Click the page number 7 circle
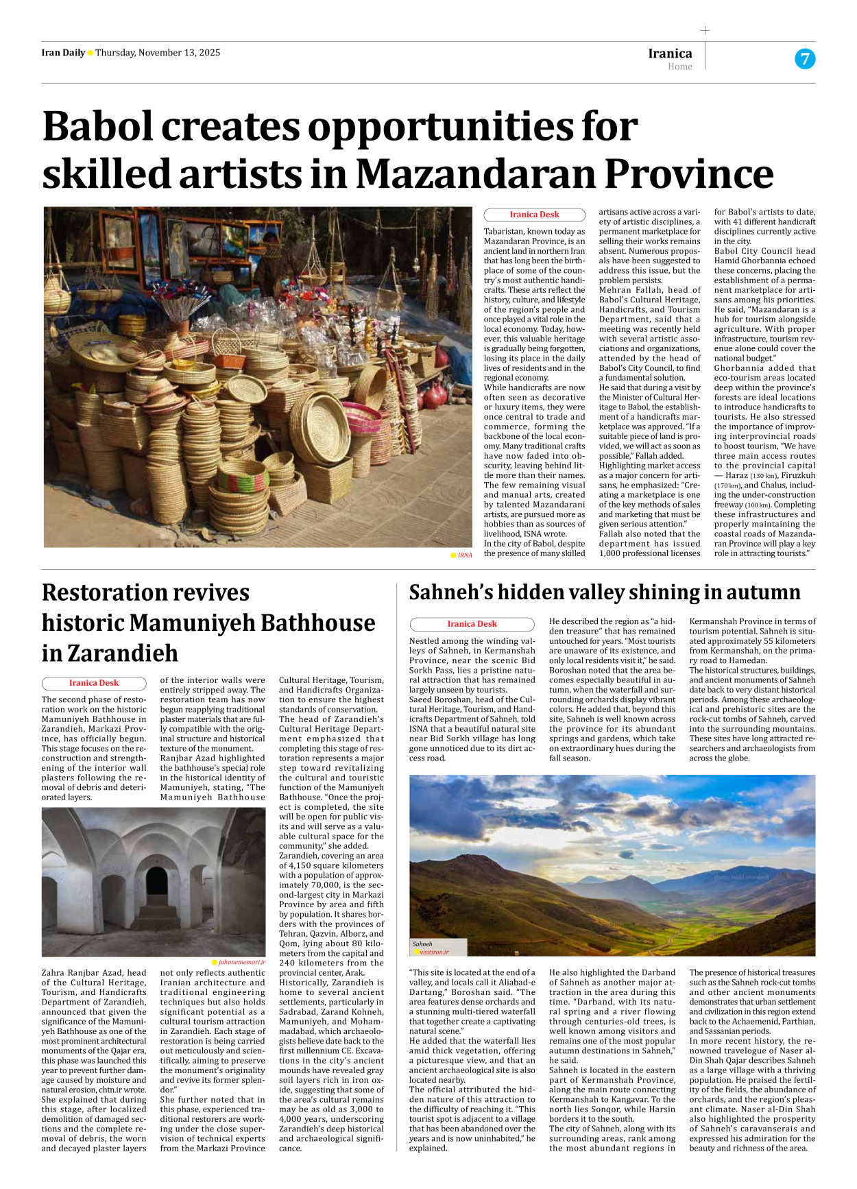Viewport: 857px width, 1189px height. click(805, 59)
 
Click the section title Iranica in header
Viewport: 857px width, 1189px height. click(670, 53)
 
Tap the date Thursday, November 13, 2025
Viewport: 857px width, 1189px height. click(158, 53)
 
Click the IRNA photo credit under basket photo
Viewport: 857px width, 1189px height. click(464, 555)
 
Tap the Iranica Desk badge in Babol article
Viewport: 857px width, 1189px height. click(534, 215)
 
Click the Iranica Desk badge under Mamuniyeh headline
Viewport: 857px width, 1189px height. click(94, 683)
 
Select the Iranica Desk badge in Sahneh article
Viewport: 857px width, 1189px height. click(472, 624)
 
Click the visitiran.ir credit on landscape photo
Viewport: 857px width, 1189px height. click(434, 952)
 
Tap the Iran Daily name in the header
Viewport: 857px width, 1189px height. click(63, 53)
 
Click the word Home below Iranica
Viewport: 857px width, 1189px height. click(679, 67)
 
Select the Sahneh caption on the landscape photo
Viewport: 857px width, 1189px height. click(422, 944)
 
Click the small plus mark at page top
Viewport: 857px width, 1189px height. click(705, 30)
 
